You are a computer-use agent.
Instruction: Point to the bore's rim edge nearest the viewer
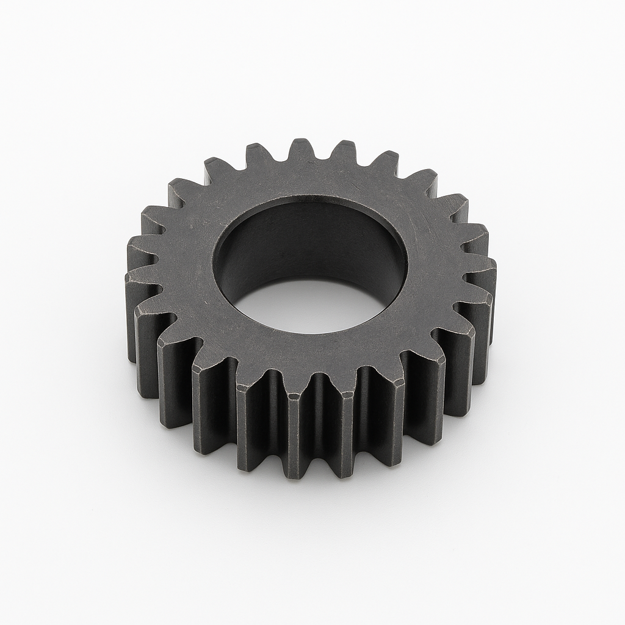click(305, 333)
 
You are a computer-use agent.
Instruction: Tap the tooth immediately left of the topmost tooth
click(259, 156)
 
